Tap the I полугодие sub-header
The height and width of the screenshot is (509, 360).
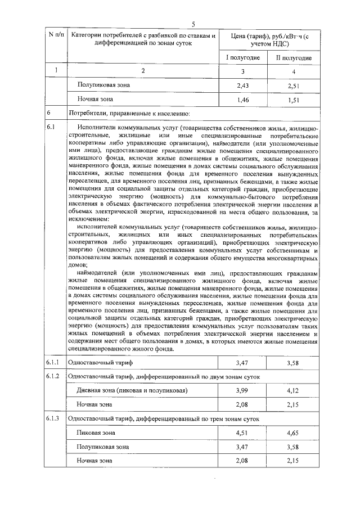(x=243, y=58)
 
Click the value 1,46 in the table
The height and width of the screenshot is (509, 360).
(x=243, y=100)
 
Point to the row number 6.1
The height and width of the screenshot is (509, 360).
(x=51, y=128)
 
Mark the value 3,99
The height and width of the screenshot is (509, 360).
(x=242, y=390)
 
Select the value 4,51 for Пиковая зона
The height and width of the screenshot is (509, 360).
(x=242, y=433)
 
